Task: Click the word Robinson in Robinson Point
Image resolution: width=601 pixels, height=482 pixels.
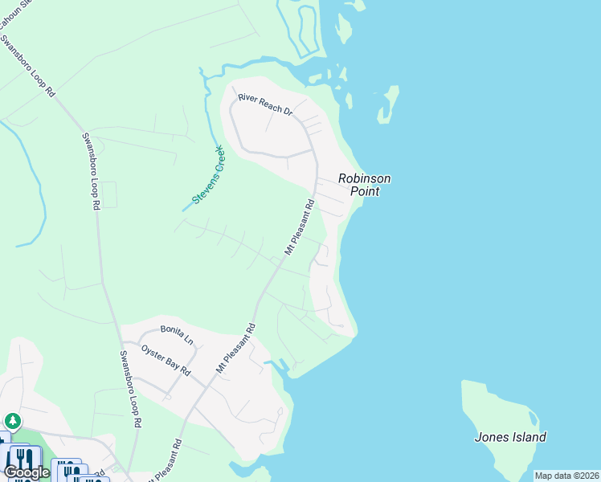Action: (364, 178)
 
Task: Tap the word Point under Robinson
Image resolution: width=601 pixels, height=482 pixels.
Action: (364, 191)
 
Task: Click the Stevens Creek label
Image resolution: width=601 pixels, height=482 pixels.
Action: (207, 174)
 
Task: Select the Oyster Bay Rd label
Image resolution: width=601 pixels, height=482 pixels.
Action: (166, 361)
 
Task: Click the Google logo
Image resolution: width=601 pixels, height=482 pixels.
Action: (26, 472)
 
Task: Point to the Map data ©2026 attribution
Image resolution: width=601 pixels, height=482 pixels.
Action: (566, 476)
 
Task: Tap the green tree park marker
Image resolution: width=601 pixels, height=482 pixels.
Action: (12, 421)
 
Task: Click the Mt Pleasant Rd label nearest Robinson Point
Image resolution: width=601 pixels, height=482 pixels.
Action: (298, 227)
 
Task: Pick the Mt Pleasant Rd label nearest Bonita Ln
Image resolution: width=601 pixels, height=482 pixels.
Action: (235, 348)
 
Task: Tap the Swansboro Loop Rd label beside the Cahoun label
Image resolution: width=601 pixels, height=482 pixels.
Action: (27, 64)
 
